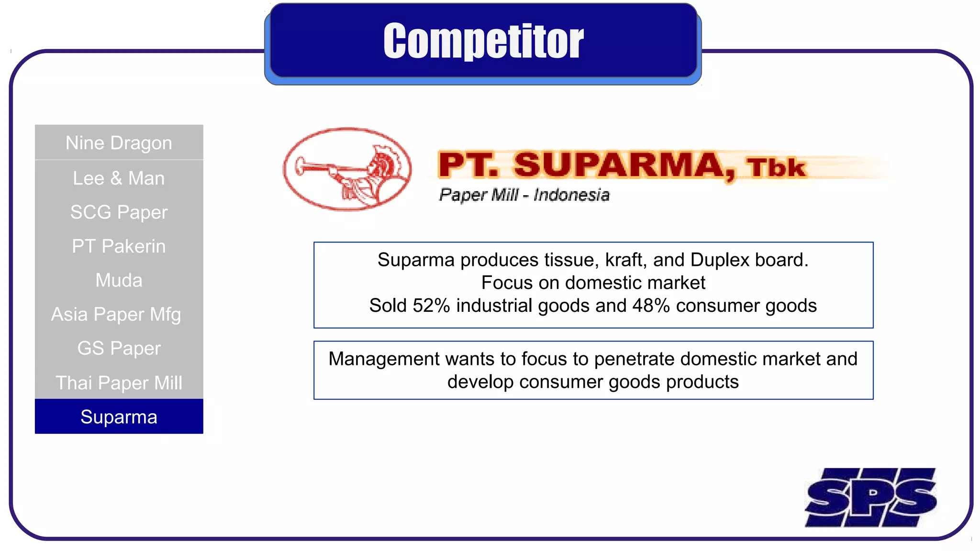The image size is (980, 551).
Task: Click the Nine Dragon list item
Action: [119, 143]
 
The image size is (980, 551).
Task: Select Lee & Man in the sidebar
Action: [119, 178]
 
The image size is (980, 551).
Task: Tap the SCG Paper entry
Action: [119, 212]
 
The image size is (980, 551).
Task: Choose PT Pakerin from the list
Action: [119, 246]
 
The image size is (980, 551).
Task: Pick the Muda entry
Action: [119, 280]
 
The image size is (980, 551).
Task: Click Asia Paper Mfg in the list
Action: [116, 315]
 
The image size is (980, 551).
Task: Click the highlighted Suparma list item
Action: [119, 417]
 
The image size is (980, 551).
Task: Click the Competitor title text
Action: [483, 41]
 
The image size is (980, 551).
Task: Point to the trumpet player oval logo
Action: [347, 169]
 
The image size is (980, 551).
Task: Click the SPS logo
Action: [871, 497]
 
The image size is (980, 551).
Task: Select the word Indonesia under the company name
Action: [571, 195]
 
